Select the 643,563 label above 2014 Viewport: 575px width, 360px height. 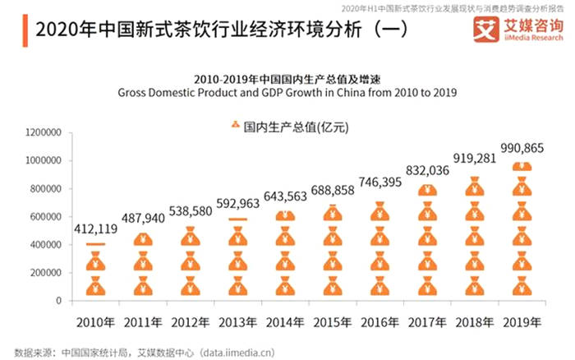285,198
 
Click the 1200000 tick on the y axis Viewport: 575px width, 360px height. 44,132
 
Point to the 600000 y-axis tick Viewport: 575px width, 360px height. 47,217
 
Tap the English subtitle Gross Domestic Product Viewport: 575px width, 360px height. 287,94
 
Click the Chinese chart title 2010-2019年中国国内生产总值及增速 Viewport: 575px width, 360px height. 287,79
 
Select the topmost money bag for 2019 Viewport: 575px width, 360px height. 522,168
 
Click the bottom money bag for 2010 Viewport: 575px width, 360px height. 96,287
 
